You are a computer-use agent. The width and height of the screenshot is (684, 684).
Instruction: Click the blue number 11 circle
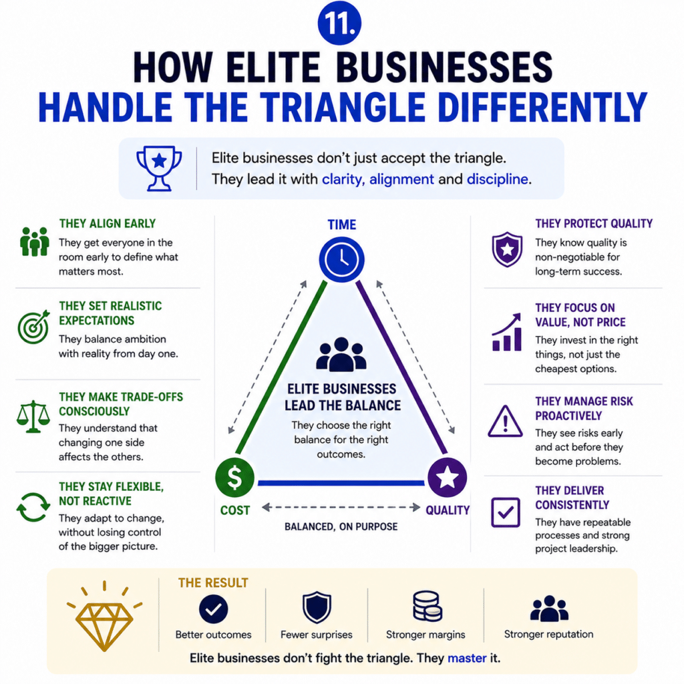click(339, 23)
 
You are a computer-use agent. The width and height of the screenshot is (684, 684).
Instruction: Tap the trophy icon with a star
click(159, 168)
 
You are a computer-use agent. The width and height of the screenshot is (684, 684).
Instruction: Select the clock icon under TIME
click(341, 260)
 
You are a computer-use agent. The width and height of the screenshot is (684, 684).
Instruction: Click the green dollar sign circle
click(234, 477)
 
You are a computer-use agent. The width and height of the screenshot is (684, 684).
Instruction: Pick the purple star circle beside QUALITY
click(447, 477)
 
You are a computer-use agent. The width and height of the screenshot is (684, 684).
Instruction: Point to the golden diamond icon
click(104, 617)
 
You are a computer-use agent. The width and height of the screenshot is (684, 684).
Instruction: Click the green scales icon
click(33, 416)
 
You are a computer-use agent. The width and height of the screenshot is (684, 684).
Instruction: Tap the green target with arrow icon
click(33, 327)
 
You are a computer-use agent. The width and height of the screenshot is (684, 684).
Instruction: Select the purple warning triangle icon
click(505, 421)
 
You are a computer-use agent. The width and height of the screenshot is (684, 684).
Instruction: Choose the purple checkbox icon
click(506, 512)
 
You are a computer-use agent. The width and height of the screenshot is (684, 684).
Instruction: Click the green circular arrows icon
click(33, 508)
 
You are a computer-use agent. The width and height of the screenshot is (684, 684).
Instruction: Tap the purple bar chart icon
click(506, 332)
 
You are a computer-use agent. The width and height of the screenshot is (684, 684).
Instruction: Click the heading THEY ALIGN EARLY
click(108, 223)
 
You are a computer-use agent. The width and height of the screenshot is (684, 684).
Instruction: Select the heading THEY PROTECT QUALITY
click(594, 223)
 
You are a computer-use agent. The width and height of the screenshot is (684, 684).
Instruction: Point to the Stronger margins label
click(425, 635)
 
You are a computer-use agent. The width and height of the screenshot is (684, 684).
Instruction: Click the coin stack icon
click(427, 606)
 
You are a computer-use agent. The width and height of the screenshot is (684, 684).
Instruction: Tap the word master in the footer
click(467, 658)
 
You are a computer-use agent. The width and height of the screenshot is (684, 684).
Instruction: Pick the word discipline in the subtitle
click(497, 179)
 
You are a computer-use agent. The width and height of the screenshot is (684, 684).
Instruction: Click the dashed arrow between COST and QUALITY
click(341, 508)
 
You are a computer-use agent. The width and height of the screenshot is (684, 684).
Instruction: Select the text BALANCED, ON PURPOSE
click(341, 526)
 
